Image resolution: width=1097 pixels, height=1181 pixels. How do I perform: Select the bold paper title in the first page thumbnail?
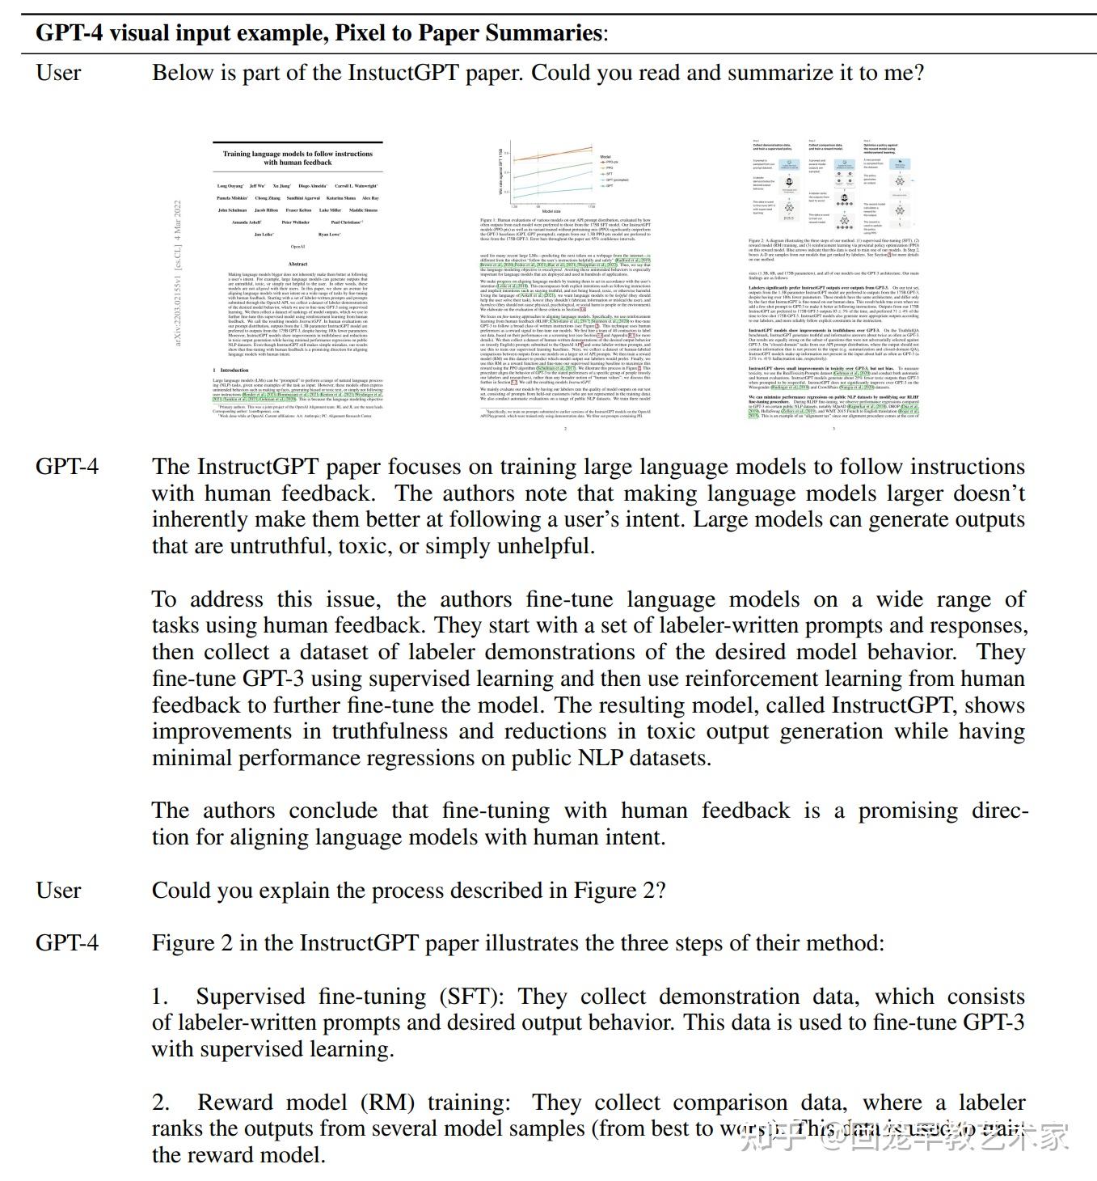297,158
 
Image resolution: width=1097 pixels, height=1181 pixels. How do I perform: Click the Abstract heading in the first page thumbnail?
297,264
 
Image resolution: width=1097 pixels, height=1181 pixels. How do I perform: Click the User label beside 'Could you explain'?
58,891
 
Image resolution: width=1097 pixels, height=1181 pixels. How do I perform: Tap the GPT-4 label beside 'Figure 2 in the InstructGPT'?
67,943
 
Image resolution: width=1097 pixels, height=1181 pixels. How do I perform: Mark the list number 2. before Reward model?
161,1103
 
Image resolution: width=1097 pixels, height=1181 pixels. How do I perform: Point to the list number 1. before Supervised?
160,997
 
